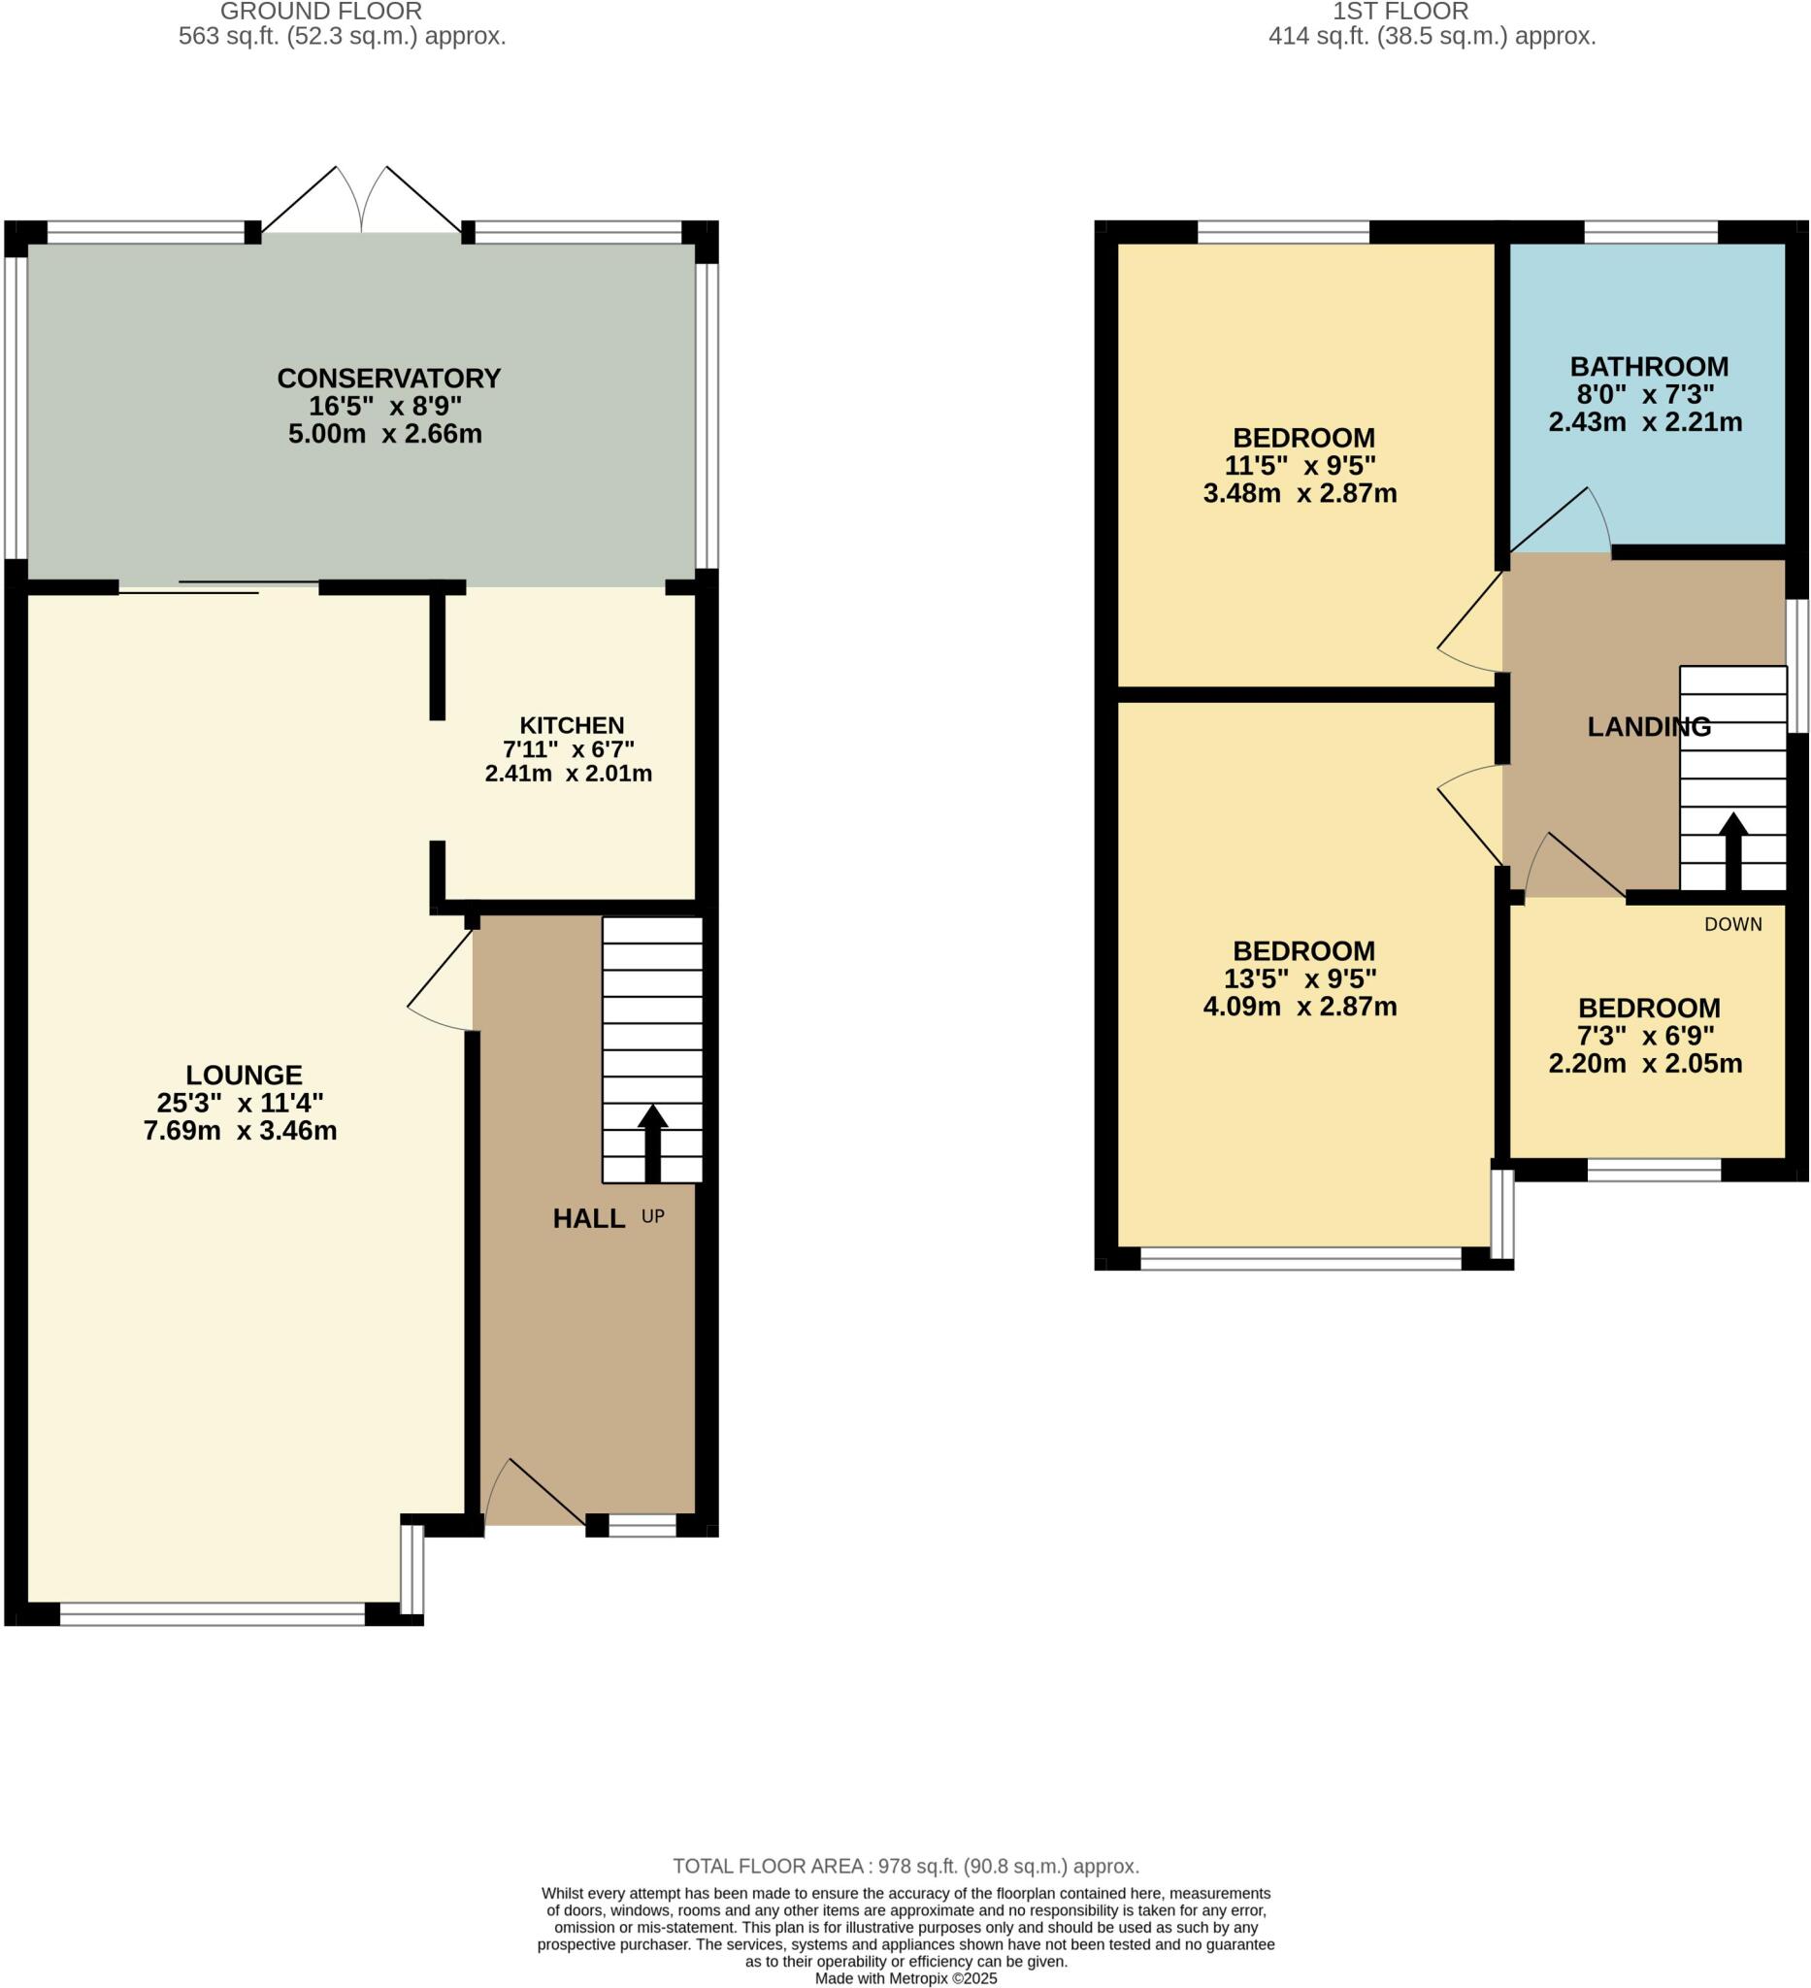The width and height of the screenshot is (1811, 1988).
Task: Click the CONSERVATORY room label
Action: (388, 379)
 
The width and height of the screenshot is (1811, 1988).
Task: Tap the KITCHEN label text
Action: (572, 726)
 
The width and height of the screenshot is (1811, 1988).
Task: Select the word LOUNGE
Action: (244, 1075)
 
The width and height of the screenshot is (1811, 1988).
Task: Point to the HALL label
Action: (588, 1219)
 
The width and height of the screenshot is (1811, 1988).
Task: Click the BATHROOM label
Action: (1648, 367)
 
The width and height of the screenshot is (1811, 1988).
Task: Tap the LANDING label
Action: (1648, 727)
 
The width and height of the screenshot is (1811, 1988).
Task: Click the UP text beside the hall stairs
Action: (652, 1217)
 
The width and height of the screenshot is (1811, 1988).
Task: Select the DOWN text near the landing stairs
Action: (1732, 924)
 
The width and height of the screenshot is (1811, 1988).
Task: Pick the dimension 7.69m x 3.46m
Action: (240, 1130)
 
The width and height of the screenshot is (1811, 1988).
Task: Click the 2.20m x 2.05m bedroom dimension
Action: (1644, 1063)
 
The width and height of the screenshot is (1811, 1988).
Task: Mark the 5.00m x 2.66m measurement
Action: (384, 434)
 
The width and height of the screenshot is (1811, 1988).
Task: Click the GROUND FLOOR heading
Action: (320, 12)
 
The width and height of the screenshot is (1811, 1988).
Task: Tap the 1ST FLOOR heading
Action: (1399, 12)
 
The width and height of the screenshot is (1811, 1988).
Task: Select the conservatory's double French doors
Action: (362, 202)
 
